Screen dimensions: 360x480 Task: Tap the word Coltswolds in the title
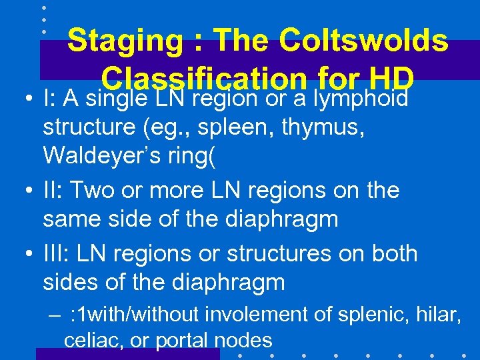[364, 41]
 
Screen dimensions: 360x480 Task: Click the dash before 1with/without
[55, 313]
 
